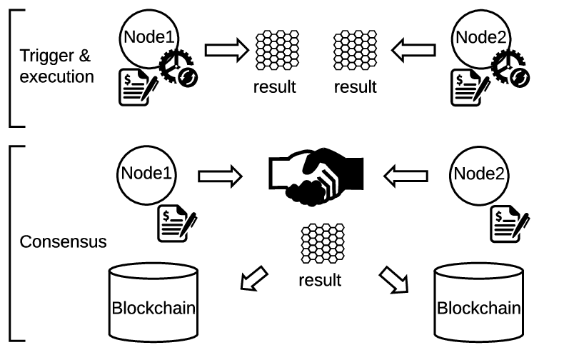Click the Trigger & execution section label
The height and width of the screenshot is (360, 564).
56,66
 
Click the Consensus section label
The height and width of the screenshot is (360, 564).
64,241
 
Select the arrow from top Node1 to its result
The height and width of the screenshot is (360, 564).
225,51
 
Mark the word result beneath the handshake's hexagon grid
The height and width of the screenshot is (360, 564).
320,279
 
